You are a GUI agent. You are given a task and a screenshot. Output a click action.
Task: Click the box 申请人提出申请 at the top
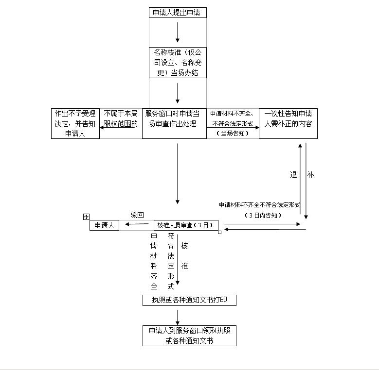point(177,13)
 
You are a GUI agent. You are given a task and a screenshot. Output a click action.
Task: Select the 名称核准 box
point(177,62)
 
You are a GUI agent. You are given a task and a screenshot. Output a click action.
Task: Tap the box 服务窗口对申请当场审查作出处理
point(174,124)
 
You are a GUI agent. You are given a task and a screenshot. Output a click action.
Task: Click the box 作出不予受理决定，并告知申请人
point(75,124)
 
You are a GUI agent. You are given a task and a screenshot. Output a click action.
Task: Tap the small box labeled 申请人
point(104,225)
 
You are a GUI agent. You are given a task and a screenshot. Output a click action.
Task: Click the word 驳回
point(137,215)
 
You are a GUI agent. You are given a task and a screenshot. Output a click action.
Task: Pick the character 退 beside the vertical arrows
point(293,175)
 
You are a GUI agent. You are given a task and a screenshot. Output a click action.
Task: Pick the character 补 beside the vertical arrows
point(310,175)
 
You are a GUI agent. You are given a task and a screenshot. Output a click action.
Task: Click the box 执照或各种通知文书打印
point(189,301)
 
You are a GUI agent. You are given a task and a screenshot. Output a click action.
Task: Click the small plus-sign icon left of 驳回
point(86,217)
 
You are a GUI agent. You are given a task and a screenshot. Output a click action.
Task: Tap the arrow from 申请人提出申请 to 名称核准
point(178,32)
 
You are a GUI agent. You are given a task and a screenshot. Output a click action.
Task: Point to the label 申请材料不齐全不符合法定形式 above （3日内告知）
point(259,205)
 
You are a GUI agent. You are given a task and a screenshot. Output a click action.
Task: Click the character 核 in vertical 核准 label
point(184,246)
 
